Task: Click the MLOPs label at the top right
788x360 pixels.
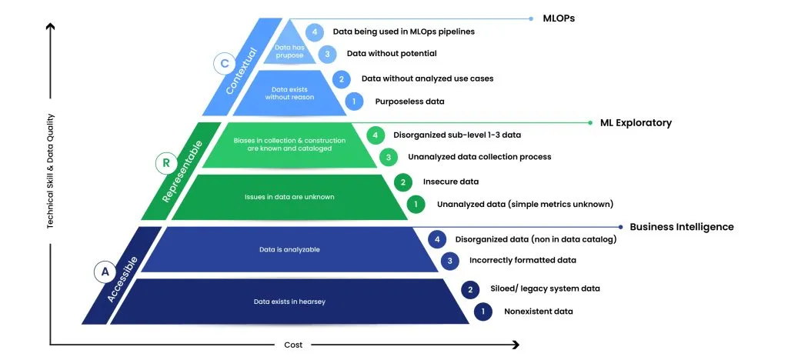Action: (x=559, y=18)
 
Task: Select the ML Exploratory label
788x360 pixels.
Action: (x=636, y=123)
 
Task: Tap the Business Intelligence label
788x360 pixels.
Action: (x=682, y=227)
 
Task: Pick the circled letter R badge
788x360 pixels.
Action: (x=165, y=162)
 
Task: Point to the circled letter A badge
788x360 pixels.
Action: (x=105, y=272)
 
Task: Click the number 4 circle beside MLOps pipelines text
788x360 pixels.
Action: (x=315, y=32)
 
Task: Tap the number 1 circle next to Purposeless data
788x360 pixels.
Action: (x=354, y=102)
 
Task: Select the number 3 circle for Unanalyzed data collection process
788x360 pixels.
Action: (x=388, y=157)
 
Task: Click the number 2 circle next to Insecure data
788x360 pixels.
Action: (x=402, y=182)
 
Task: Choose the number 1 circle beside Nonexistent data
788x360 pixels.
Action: (x=483, y=312)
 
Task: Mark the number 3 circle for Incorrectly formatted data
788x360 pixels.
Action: (x=449, y=261)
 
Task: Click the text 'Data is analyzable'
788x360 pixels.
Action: (x=289, y=249)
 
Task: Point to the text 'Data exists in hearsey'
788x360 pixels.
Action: (x=289, y=302)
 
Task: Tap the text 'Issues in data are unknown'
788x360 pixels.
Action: (x=289, y=198)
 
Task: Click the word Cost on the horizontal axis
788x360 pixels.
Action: (x=293, y=345)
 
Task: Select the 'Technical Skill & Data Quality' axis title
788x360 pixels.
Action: (x=50, y=172)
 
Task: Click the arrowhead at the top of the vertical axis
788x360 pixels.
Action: (x=50, y=27)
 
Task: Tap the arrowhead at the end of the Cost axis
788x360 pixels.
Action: (x=515, y=345)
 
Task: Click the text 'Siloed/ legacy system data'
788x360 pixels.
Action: (x=546, y=288)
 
